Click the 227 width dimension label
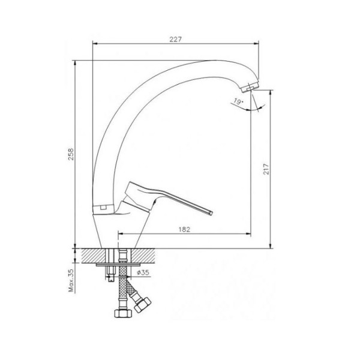(x=176, y=39)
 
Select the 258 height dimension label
(x=71, y=154)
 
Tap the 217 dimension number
(x=266, y=169)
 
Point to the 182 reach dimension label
(x=184, y=229)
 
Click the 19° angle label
(x=238, y=101)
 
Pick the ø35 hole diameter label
(x=143, y=272)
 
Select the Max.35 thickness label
(x=71, y=280)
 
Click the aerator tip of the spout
(x=250, y=87)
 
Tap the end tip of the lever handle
(x=211, y=212)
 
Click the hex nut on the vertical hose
(x=123, y=313)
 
